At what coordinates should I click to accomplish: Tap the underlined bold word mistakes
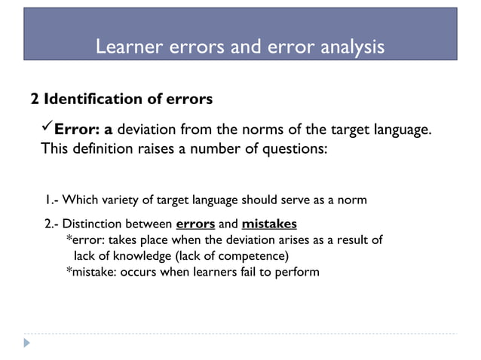269,224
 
